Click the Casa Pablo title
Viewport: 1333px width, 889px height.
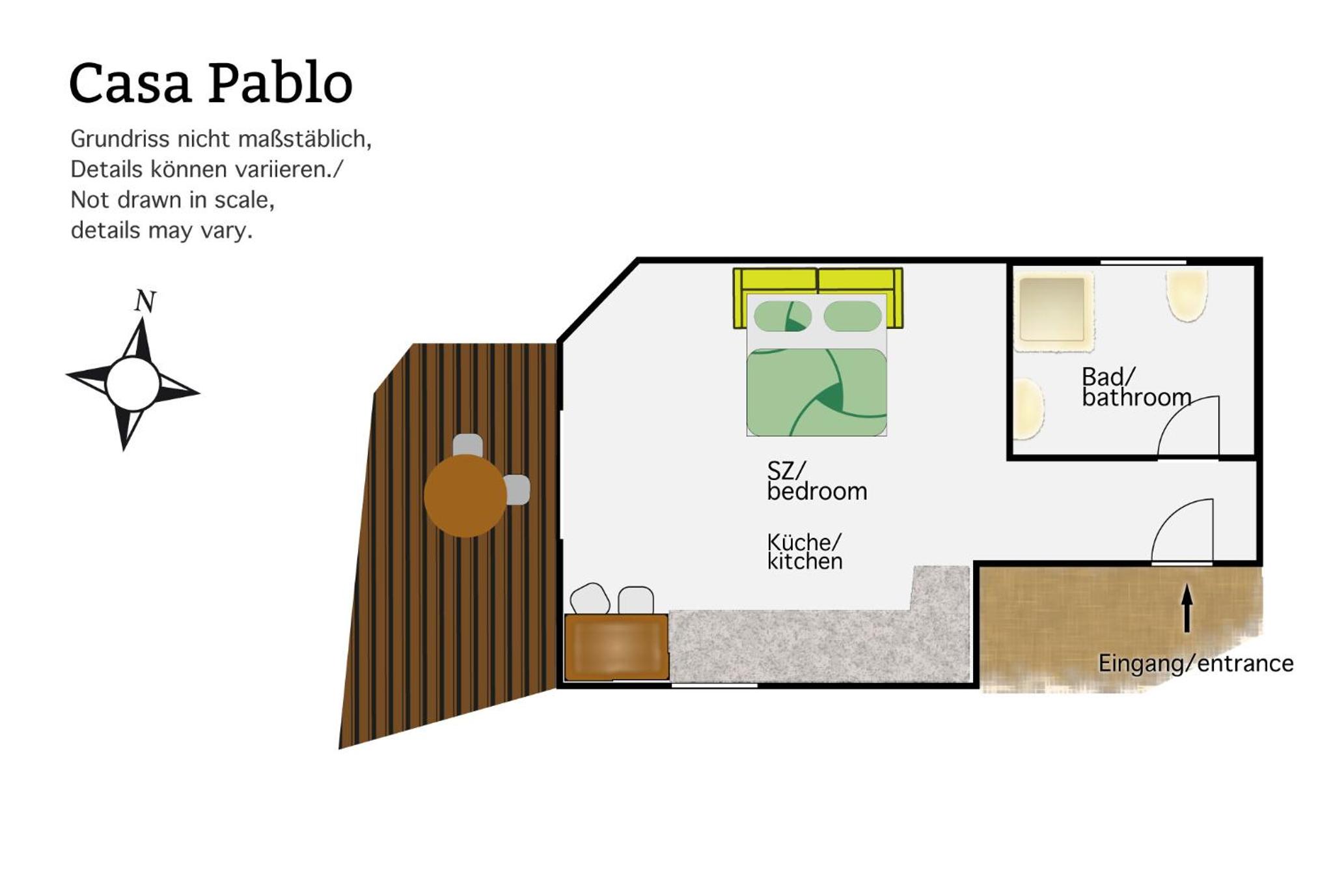coord(211,83)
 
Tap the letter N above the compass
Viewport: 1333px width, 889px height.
coord(145,301)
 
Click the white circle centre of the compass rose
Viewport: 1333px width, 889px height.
coord(133,384)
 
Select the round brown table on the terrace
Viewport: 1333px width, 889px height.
coord(465,496)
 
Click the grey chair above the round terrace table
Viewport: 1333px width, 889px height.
coord(468,445)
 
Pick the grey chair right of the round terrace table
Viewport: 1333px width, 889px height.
coord(517,490)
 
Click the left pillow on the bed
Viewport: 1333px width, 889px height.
coord(782,317)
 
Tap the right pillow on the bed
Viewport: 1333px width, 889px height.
coord(853,316)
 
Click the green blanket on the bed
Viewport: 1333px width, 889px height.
coord(817,392)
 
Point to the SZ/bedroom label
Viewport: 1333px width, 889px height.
coord(817,481)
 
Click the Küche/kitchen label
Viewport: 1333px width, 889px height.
coord(804,552)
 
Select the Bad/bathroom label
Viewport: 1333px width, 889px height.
coord(1136,387)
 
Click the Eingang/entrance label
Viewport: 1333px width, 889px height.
coord(1196,663)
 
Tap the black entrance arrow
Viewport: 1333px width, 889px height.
coord(1187,608)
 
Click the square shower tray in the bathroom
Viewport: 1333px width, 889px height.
coord(1052,310)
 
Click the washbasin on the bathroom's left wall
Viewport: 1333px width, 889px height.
coord(1029,409)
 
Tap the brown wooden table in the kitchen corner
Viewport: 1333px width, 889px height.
coord(616,647)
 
